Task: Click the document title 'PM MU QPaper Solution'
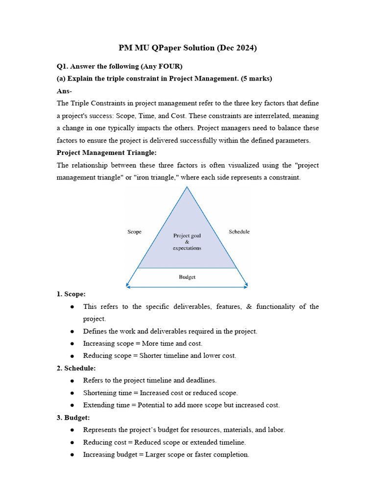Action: pyautogui.click(x=166, y=48)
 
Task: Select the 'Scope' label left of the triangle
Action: pyautogui.click(x=134, y=232)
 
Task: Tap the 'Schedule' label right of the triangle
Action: pyautogui.click(x=239, y=231)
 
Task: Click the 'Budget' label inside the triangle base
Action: pyautogui.click(x=187, y=277)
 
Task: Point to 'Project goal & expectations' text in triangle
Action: pyautogui.click(x=187, y=242)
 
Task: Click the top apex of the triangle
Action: pyautogui.click(x=187, y=187)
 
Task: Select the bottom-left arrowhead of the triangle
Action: pyautogui.click(x=127, y=285)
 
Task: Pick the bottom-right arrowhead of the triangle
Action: pyautogui.click(x=247, y=285)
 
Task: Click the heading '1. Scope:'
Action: pyautogui.click(x=71, y=294)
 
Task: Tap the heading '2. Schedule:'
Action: pyautogui.click(x=76, y=368)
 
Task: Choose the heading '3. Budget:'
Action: pyautogui.click(x=73, y=418)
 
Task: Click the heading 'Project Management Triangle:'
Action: pyautogui.click(x=107, y=152)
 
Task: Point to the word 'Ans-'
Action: pyautogui.click(x=64, y=91)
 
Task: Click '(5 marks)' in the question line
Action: pyautogui.click(x=256, y=78)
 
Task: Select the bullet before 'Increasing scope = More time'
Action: pyautogui.click(x=72, y=344)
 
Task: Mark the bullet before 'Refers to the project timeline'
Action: pyautogui.click(x=72, y=381)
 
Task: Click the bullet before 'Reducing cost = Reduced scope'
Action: pyautogui.click(x=72, y=443)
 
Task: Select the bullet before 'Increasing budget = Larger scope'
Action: pyautogui.click(x=72, y=455)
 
